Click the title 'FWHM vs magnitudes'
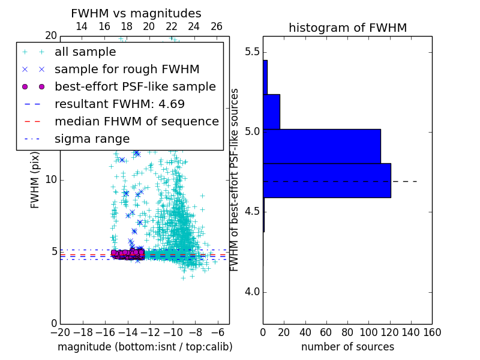(136, 13)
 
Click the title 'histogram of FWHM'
(347, 28)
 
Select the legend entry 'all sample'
(85, 52)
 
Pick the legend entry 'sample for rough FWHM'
(127, 69)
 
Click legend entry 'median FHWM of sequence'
(136, 121)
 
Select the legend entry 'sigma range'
(92, 139)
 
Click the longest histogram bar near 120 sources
(327, 180)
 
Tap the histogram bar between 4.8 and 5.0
(322, 146)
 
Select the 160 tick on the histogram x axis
(432, 332)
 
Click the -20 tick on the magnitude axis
(60, 332)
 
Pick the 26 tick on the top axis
(217, 26)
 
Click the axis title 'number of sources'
(347, 347)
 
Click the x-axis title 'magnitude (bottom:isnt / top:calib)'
(145, 347)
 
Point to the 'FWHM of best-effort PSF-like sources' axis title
(235, 179)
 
